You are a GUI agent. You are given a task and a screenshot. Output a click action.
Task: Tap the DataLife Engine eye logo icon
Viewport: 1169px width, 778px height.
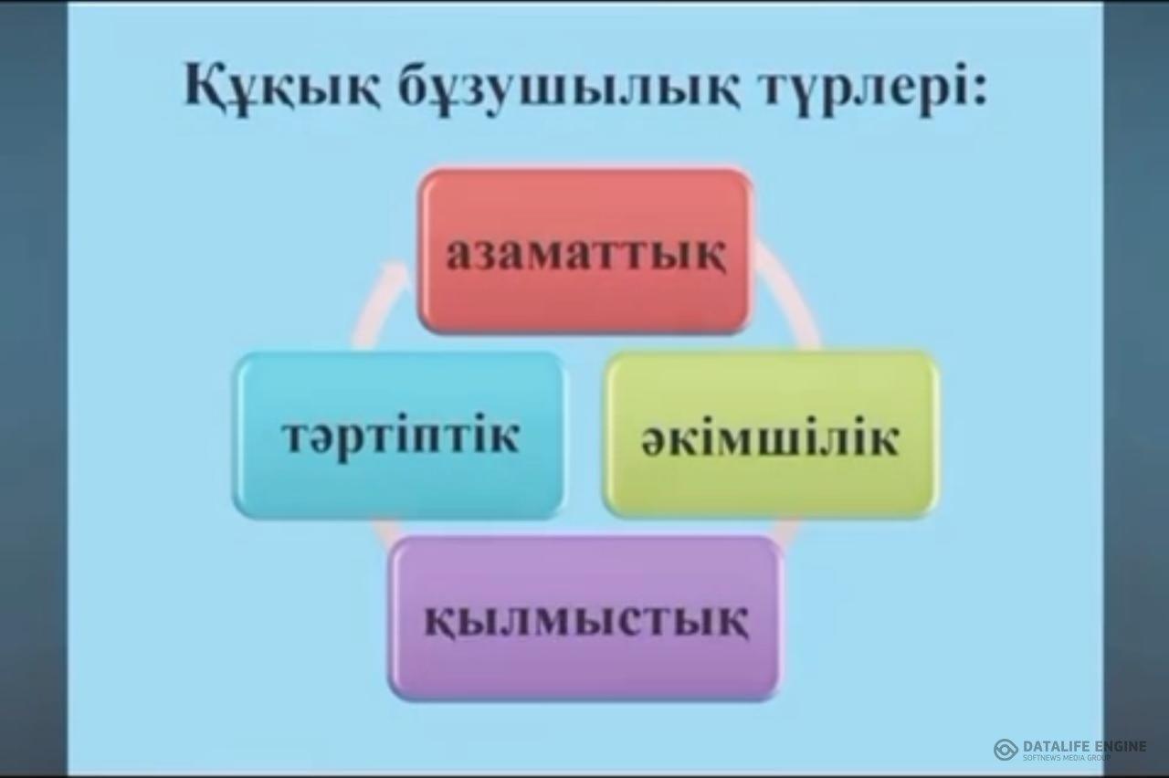click(x=1006, y=750)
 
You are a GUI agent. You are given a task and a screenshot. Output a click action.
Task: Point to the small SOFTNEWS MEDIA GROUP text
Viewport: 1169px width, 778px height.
click(x=1068, y=758)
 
